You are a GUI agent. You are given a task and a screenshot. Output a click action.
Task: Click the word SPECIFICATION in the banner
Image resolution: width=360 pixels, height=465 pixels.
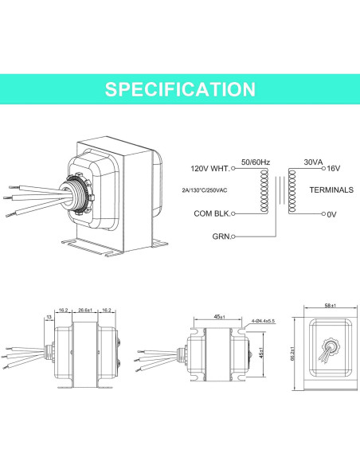click(x=180, y=89)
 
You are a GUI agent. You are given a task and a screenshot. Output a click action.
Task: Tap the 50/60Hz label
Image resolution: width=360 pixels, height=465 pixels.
click(x=256, y=162)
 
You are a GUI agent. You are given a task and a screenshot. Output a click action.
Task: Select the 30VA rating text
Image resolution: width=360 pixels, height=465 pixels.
click(x=313, y=162)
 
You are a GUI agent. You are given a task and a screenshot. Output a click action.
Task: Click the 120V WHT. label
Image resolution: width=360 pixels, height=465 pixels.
click(x=210, y=169)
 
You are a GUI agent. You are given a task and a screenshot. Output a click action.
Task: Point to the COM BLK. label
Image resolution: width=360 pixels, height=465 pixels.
click(x=212, y=213)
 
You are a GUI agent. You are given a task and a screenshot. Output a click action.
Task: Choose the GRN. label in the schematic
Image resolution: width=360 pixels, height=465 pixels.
click(x=221, y=236)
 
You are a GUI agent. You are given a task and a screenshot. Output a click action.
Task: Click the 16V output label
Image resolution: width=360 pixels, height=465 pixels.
click(x=333, y=169)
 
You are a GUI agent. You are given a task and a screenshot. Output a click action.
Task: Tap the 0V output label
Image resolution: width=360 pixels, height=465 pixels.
click(x=331, y=214)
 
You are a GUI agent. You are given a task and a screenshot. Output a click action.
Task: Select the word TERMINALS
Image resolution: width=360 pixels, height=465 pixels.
click(x=331, y=190)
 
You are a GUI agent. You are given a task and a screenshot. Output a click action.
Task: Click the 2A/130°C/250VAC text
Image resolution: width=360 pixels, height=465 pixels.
click(x=205, y=190)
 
